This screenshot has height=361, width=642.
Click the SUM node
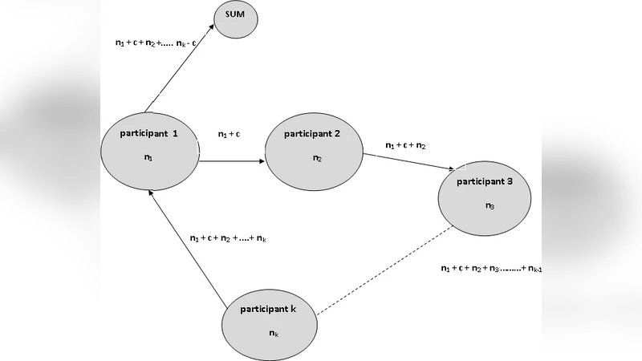coord(235,18)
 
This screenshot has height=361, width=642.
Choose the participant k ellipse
coord(270,322)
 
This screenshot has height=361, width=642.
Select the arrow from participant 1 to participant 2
coord(233,161)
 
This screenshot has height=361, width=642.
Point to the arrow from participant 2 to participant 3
coord(408,160)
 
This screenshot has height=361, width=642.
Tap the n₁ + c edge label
coord(230,134)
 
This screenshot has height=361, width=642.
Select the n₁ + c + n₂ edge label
coord(405,145)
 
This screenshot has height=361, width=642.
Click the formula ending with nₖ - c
coord(156,43)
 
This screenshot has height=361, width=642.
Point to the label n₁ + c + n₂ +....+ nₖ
coord(228,238)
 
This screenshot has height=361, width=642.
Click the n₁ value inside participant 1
coord(148,158)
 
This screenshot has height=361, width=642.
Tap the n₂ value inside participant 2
coord(317,158)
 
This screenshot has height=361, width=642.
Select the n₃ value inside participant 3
coord(490,206)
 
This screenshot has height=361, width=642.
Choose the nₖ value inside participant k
coord(274,333)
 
